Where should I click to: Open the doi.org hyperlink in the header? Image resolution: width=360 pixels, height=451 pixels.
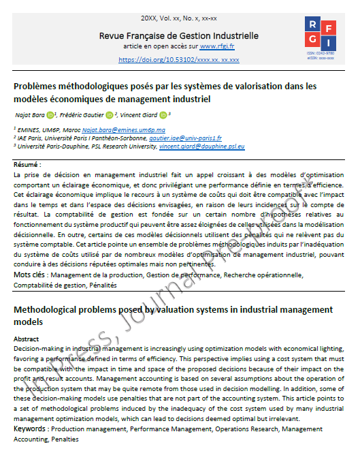[x=179, y=59]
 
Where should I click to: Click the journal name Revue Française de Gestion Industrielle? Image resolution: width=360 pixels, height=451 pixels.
[x=179, y=35]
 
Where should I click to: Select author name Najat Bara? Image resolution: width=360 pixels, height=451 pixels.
[x=27, y=114]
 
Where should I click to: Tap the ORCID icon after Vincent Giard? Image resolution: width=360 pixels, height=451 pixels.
[x=163, y=114]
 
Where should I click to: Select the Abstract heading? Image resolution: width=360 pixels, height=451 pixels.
[x=27, y=339]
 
